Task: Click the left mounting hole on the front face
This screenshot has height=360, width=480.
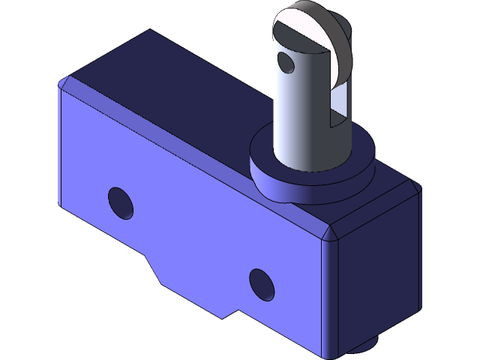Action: [x=120, y=203]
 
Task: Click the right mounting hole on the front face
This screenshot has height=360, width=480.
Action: [x=261, y=284]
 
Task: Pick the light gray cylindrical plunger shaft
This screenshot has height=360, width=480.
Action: [x=296, y=112]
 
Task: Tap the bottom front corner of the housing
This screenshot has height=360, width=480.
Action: [x=326, y=356]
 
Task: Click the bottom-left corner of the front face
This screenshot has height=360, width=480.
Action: [x=61, y=201]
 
